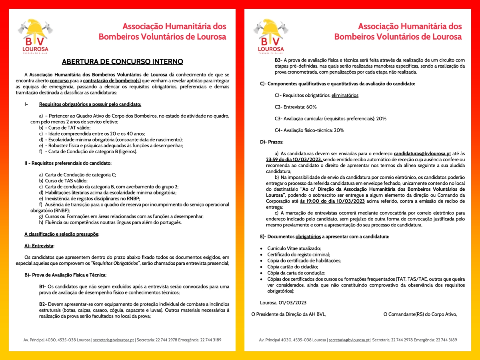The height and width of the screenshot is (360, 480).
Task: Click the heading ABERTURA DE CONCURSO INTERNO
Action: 122,62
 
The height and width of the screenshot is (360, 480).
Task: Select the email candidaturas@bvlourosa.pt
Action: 422,154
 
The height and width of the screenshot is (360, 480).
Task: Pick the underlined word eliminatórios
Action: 345,96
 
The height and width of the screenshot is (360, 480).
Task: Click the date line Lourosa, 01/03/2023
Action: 283,303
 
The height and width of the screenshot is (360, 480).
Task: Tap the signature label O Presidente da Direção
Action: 288,314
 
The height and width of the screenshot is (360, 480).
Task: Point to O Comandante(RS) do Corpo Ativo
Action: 420,314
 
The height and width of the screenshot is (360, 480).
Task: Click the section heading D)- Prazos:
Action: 272,142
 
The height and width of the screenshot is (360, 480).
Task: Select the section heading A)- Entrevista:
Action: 39,246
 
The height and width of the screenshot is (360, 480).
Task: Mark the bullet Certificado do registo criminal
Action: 298,254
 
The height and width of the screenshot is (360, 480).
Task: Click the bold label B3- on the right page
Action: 278,60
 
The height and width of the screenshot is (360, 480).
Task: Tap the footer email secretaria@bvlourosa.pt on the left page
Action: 113,340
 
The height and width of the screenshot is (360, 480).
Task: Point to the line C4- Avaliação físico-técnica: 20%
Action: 309,130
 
